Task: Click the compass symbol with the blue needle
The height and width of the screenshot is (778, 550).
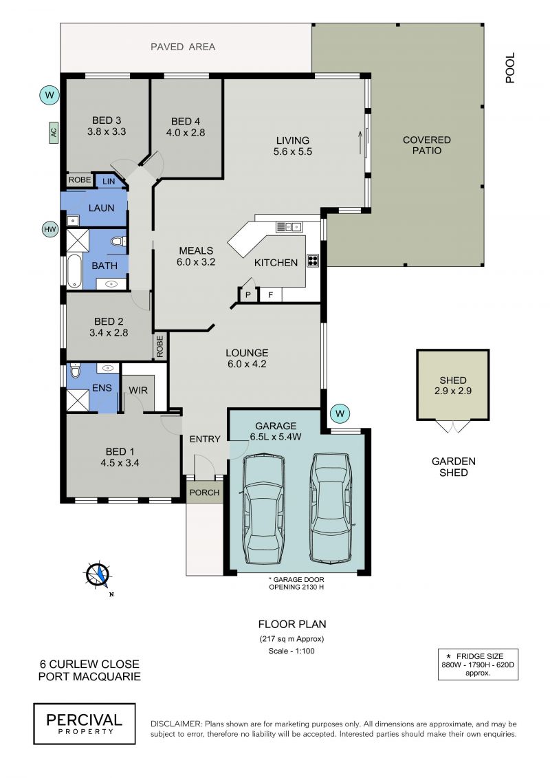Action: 98,575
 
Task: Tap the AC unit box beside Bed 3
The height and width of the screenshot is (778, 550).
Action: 54,133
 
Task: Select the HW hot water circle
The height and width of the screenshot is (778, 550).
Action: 50,229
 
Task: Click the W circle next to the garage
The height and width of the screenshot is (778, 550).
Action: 340,413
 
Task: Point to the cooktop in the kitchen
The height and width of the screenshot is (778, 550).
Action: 312,261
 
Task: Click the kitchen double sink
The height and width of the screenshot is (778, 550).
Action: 289,227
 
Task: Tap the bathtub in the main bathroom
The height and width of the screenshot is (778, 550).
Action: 74,271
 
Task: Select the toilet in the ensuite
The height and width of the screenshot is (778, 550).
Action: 75,371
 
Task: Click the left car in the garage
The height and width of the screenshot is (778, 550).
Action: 264,510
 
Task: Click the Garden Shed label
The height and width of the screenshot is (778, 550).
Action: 453,467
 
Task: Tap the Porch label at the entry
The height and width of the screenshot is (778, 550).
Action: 204,493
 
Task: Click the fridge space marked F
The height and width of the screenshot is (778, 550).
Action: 270,294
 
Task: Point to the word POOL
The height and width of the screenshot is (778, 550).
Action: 510,67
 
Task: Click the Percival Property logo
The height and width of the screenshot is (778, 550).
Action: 85,724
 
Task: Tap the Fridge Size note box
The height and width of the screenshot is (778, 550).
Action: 478,664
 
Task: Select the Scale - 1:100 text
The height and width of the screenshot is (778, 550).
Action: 291,651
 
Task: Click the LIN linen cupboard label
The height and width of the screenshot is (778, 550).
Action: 109,182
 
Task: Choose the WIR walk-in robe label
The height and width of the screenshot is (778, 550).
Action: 138,391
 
